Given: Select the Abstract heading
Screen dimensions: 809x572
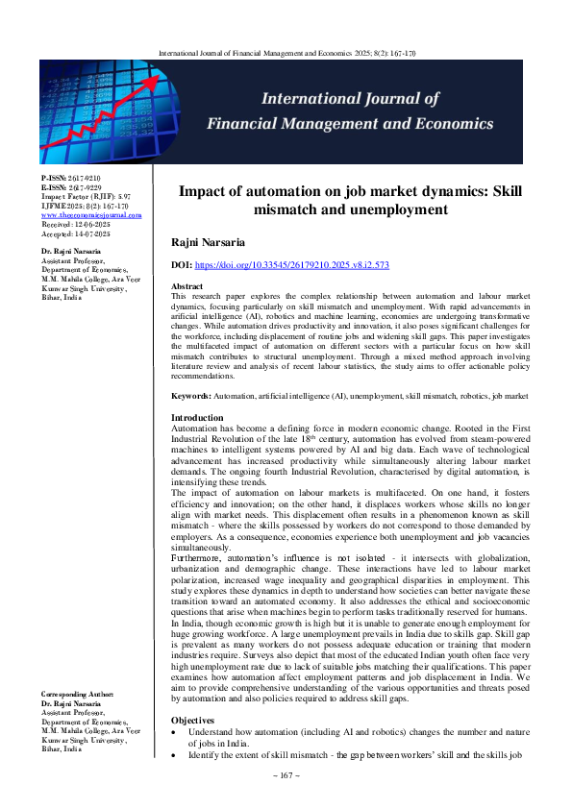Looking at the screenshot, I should [x=187, y=287].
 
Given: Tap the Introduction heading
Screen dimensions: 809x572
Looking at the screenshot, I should [x=200, y=445].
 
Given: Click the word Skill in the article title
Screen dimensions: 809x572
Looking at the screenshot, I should [x=510, y=190].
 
